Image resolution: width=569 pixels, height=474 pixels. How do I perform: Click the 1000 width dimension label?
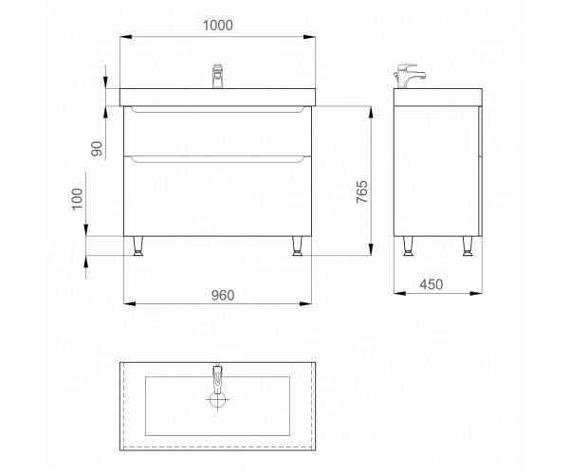[x=218, y=26]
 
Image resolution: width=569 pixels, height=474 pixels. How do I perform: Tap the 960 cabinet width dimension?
[x=223, y=295]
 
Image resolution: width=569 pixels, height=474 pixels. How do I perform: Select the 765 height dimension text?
[x=362, y=191]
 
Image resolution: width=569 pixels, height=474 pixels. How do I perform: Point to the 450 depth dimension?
[x=431, y=284]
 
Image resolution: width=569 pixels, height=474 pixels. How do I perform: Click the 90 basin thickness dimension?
[x=97, y=148]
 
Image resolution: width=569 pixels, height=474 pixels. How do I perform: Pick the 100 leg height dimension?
[x=78, y=199]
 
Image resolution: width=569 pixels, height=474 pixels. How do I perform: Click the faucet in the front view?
[x=217, y=76]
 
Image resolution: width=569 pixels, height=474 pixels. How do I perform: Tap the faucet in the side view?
[x=409, y=76]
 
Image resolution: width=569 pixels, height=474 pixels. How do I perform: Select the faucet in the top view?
[x=217, y=379]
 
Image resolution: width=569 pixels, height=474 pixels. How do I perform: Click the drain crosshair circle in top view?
[x=217, y=399]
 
